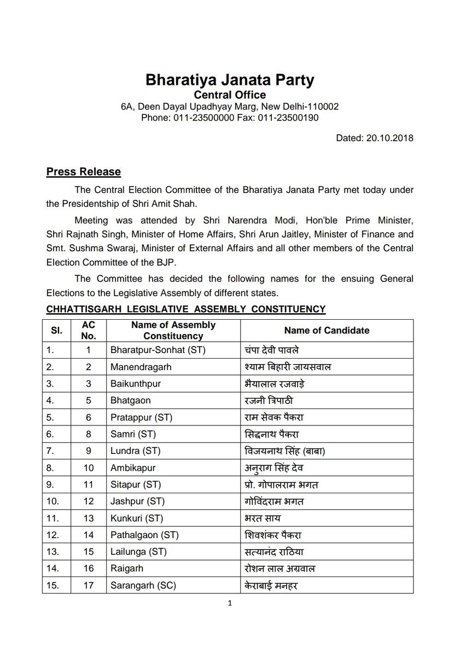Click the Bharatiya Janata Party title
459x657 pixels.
click(230, 81)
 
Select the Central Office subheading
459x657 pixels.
click(230, 95)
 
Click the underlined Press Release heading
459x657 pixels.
click(83, 172)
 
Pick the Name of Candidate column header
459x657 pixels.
click(327, 330)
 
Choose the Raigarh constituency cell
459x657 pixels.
click(125, 569)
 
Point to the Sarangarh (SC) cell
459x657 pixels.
click(142, 586)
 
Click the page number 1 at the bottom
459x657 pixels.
click(230, 604)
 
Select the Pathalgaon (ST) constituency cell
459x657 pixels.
click(144, 535)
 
